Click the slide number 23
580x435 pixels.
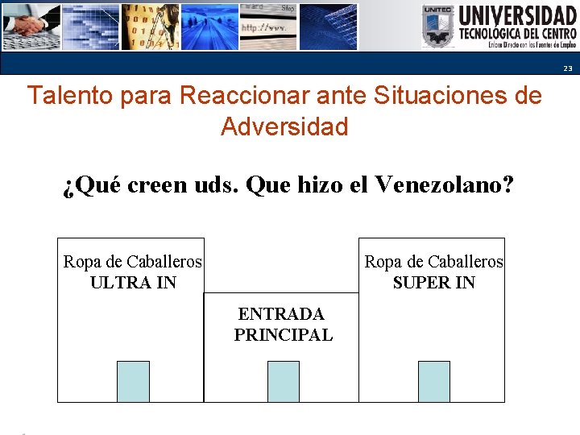coord(567,68)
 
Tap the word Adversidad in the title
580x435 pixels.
coord(284,126)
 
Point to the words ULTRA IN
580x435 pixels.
coord(133,283)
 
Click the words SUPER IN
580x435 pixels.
coord(433,283)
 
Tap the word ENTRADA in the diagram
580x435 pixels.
coord(281,314)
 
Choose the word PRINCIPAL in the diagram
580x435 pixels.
coord(283,335)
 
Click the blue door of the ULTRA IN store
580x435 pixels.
coord(133,381)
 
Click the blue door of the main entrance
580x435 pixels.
coord(283,381)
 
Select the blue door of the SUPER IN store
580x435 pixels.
coord(433,381)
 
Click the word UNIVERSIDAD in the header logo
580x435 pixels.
coord(517,16)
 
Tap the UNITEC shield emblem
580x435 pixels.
coord(438,27)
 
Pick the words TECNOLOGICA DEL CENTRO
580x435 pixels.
coord(517,34)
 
